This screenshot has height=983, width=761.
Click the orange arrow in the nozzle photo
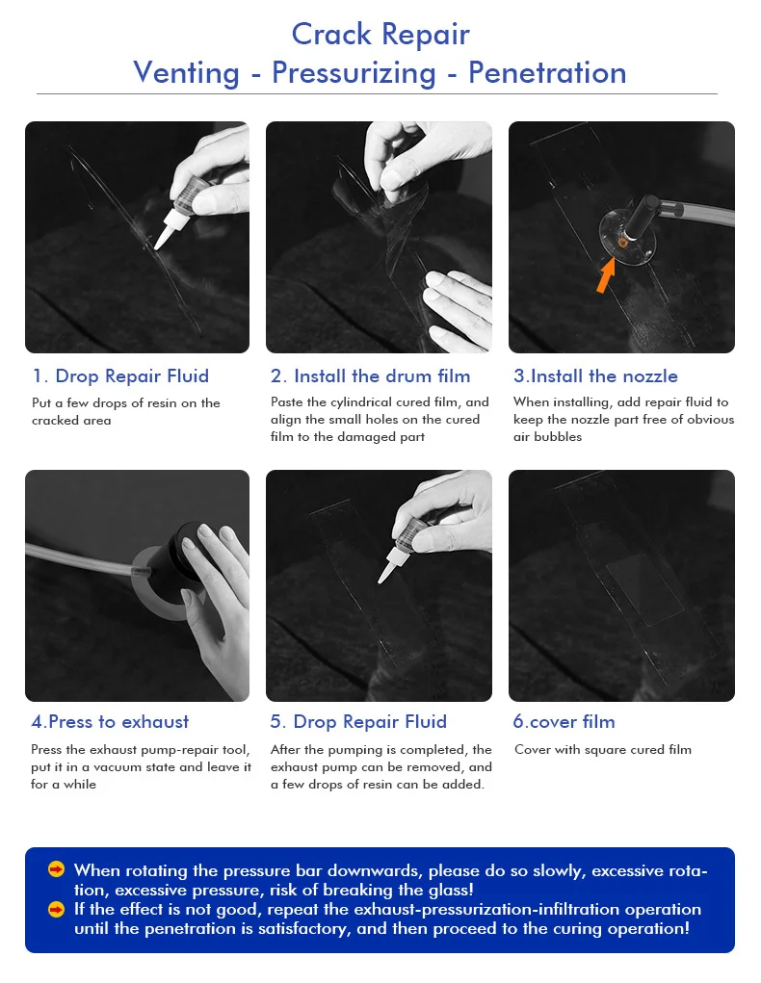(605, 276)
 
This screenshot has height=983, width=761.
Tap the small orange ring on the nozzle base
(622, 242)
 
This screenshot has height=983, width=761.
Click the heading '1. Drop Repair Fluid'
(120, 375)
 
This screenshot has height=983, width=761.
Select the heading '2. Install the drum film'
(370, 375)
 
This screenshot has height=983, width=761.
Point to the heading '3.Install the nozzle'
(595, 375)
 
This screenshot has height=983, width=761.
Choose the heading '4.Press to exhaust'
(110, 721)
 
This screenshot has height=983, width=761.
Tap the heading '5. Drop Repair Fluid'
(358, 721)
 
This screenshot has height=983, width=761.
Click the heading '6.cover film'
(564, 721)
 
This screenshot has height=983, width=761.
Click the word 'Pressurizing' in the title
(354, 73)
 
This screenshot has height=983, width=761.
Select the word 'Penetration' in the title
(547, 73)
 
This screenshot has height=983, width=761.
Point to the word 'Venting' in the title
(186, 73)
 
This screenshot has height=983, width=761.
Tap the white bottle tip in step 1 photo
(165, 231)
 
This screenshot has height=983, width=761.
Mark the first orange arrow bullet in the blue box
(57, 869)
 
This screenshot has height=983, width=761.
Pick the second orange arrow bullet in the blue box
(57, 909)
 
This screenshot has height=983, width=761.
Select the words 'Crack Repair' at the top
(380, 34)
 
